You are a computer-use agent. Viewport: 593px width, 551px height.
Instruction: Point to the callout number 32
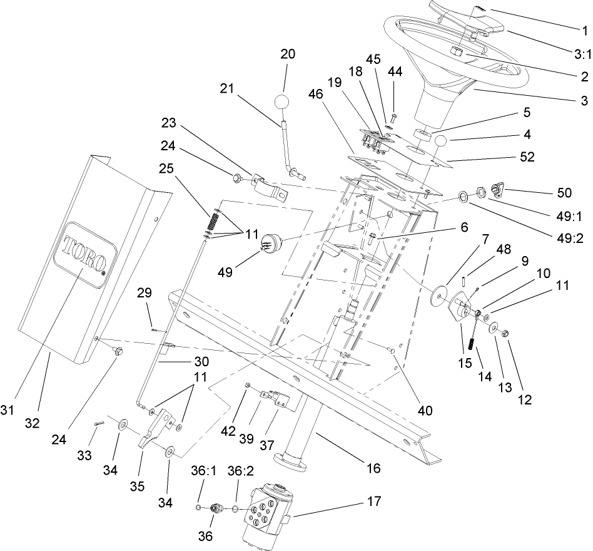click(32, 423)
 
